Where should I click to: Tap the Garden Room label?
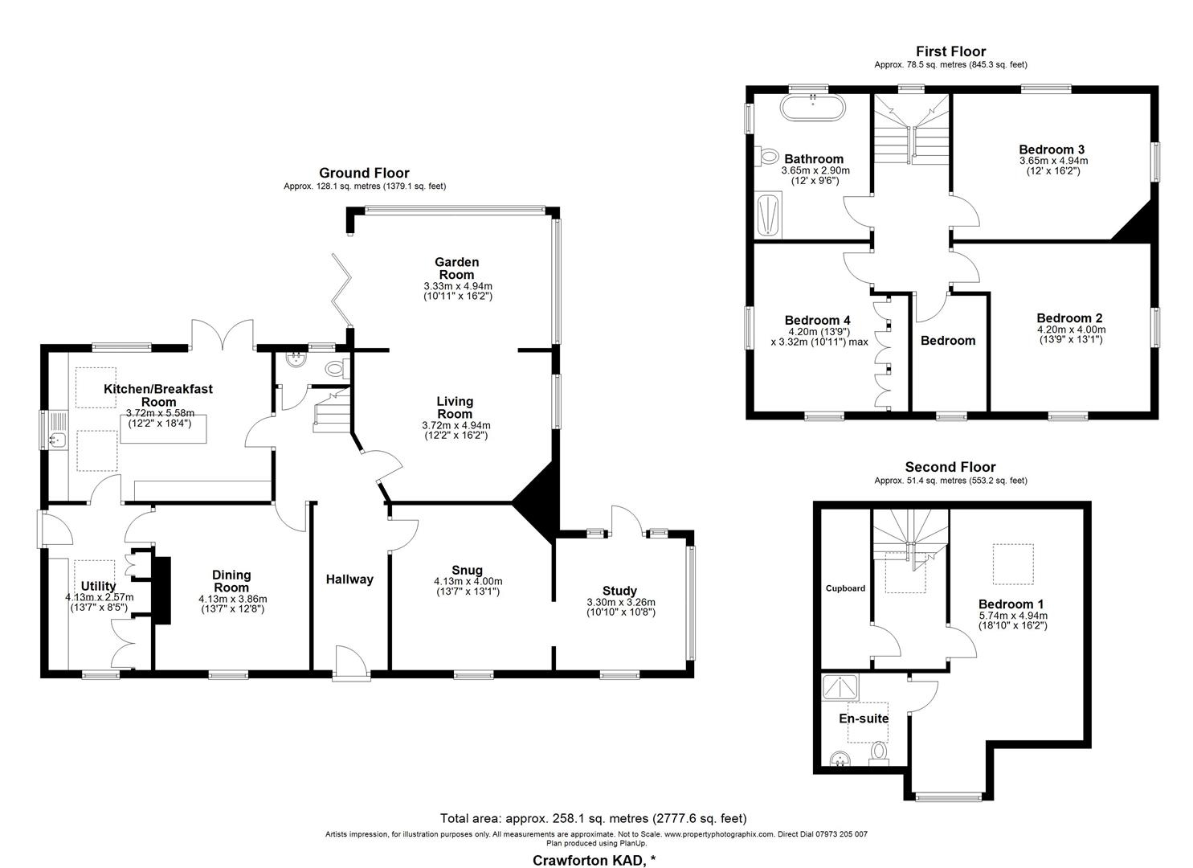coord(456,268)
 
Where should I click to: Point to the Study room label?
coord(619,591)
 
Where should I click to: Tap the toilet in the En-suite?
coord(880,752)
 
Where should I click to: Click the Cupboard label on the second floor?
coord(846,588)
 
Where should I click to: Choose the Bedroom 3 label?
coord(1052,149)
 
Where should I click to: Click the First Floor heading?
coord(950,51)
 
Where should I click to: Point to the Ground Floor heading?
coord(364,173)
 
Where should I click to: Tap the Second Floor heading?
coord(950,467)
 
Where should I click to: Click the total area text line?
coord(593,819)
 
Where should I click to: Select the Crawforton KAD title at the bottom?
coord(594,861)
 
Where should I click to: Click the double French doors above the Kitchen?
coord(223,333)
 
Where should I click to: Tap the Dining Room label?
coord(231,581)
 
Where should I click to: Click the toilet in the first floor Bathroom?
coord(768,155)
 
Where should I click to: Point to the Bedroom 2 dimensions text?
coord(1071,334)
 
